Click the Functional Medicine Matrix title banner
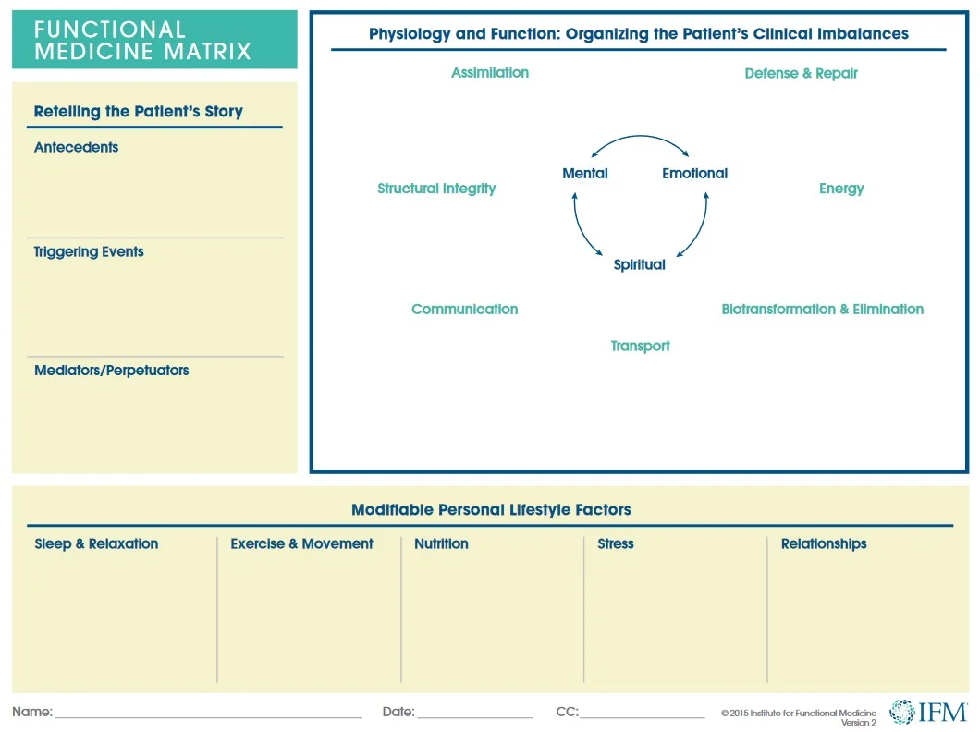tap(153, 40)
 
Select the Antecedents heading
tap(76, 147)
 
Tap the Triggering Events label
tap(89, 251)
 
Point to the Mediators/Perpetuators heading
tap(111, 370)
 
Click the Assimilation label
tap(490, 73)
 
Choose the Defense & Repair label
tap(801, 73)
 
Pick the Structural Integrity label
tap(436, 189)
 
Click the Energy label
tap(840, 189)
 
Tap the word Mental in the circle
tap(584, 173)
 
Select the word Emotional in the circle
tap(694, 173)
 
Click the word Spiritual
tap(639, 264)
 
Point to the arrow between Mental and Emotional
tap(641, 140)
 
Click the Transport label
tap(640, 346)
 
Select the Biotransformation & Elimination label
tap(822, 309)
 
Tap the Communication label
tap(464, 309)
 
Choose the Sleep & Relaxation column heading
tap(96, 543)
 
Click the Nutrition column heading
tap(441, 543)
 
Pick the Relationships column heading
tap(823, 543)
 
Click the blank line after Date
tap(474, 714)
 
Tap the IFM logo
tap(927, 711)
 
